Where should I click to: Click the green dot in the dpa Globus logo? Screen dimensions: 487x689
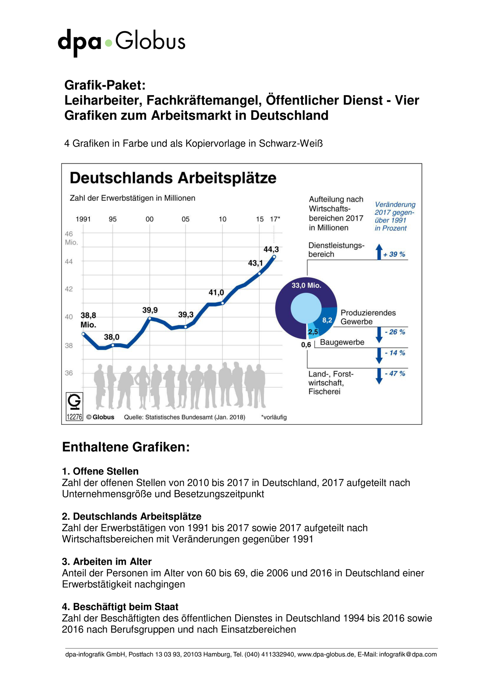coord(109,43)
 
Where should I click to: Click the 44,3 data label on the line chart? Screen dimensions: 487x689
coord(271,249)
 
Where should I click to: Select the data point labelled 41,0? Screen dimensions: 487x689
coord(223,303)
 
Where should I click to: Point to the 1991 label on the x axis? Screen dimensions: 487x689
coord(83,219)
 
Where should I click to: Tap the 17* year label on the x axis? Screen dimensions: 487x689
coord(275,219)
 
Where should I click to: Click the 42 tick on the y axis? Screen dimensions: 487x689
coord(69,289)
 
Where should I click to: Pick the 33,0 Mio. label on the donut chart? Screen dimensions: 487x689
coord(306,285)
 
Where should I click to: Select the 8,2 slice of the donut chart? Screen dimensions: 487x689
coord(327,319)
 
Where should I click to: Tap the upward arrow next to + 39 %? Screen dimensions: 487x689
coord(379,251)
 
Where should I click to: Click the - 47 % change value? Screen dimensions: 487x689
coord(395,373)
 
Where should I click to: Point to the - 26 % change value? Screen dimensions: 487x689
coord(395,332)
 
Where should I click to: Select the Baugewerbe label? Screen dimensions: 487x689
coord(342,342)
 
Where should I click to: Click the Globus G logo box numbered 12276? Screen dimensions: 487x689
coord(74,407)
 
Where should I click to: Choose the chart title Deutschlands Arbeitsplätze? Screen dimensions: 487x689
coord(173,178)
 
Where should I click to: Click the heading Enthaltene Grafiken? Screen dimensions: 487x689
coord(126,447)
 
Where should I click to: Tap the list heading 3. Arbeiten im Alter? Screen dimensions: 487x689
coord(107,562)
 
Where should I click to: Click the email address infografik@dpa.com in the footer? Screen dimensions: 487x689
coord(408,654)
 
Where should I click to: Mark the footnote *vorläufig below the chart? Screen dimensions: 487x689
coord(274,417)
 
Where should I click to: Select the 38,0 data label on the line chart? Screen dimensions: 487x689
coord(112,337)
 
